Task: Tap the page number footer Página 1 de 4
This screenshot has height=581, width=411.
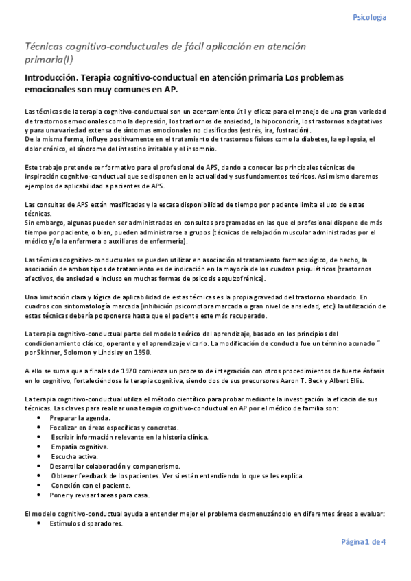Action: (x=363, y=541)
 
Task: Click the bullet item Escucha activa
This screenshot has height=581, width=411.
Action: (x=74, y=456)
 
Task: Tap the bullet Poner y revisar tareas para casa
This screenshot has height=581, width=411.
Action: (x=99, y=494)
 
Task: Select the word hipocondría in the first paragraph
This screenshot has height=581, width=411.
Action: (x=273, y=121)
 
